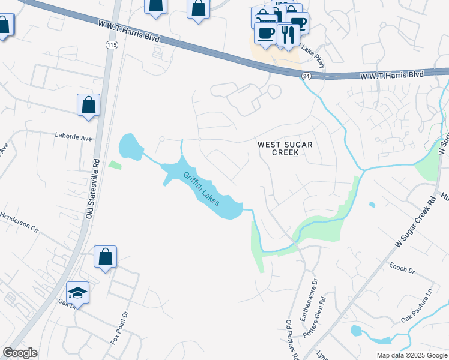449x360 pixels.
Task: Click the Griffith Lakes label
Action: pyautogui.click(x=201, y=188)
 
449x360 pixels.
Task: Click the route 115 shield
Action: pyautogui.click(x=111, y=45)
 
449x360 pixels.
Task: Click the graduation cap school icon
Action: pyautogui.click(x=77, y=292)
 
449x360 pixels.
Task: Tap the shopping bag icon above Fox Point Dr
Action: pyautogui.click(x=105, y=257)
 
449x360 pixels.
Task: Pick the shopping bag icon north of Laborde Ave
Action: pyautogui.click(x=88, y=105)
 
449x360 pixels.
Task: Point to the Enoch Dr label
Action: pyautogui.click(x=402, y=269)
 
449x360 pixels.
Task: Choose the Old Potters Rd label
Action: pyautogui.click(x=292, y=340)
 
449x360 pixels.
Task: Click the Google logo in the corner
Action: pyautogui.click(x=20, y=353)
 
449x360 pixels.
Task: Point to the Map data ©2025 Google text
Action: pyautogui.click(x=411, y=355)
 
